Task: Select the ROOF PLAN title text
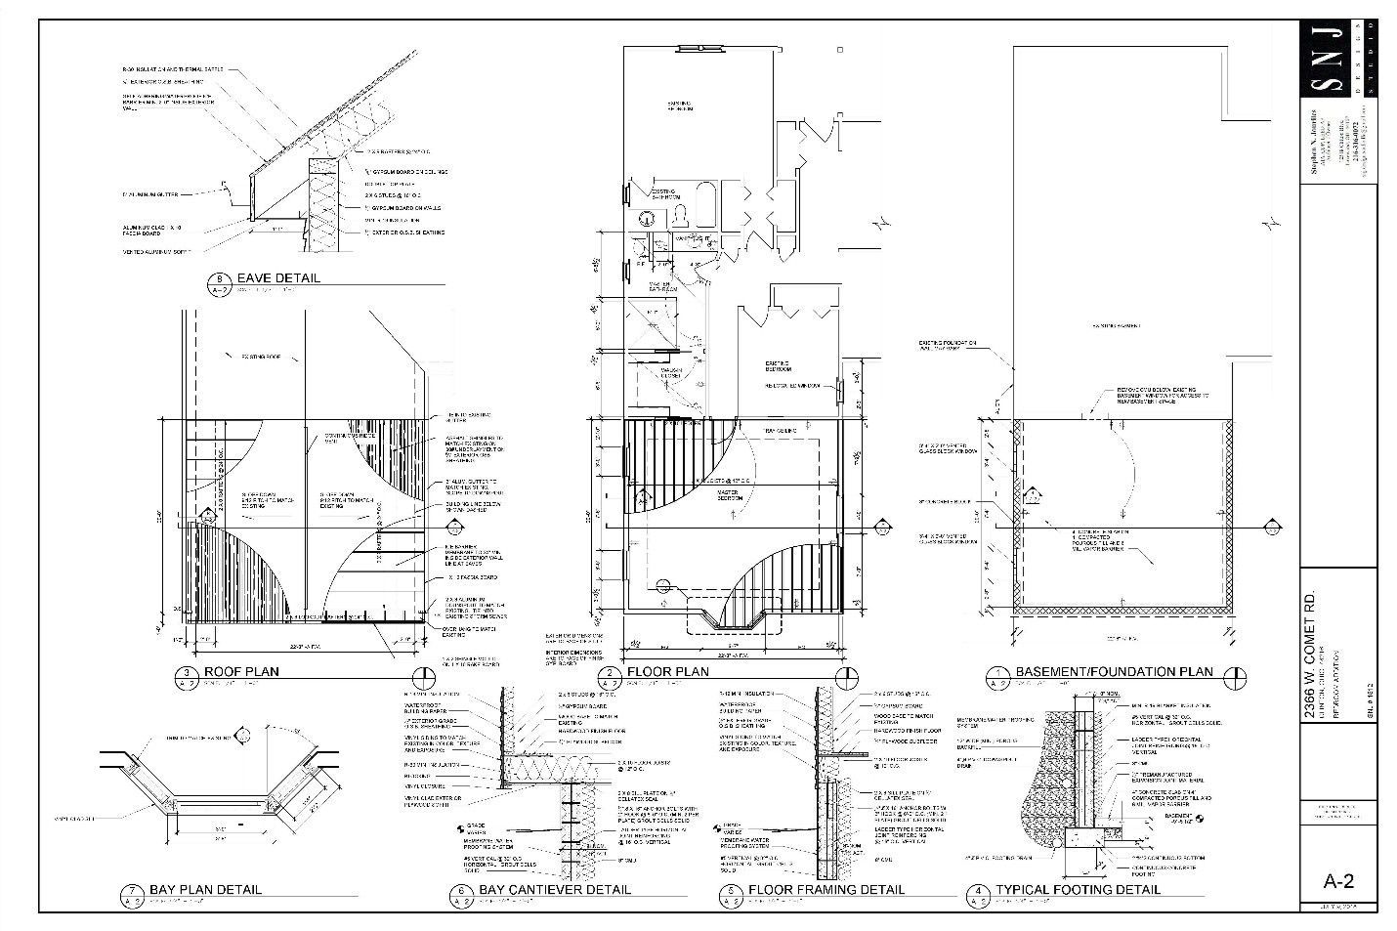tap(241, 671)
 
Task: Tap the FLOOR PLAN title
tap(667, 672)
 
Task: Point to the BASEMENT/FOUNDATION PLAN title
tap(1114, 671)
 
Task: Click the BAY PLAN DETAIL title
tap(205, 889)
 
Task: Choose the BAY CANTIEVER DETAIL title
tap(555, 889)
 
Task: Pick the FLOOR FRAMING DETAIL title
tap(825, 889)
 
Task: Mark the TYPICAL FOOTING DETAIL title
tap(1078, 889)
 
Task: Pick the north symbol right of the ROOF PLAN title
tap(423, 676)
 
